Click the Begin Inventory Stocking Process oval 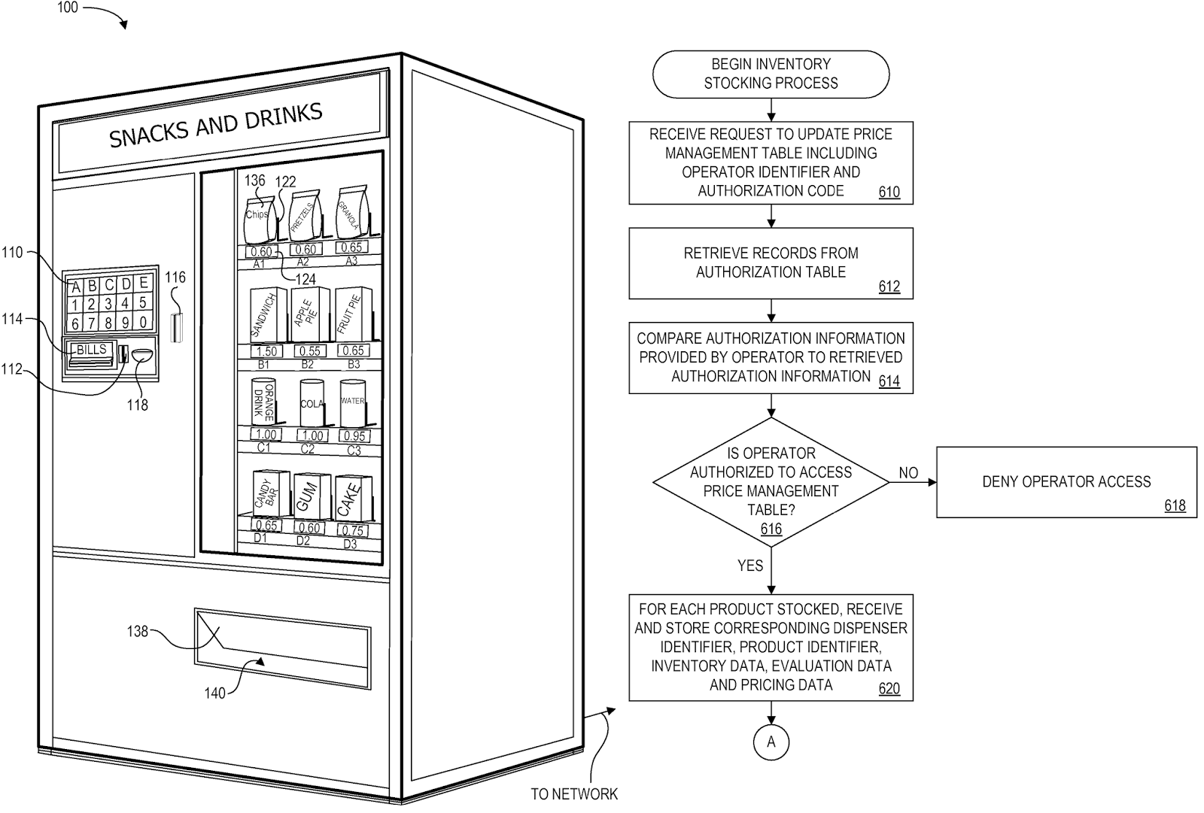tap(771, 74)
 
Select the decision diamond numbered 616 tap(771, 481)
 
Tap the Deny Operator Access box tap(1066, 482)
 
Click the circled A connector tap(771, 742)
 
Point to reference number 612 tap(889, 287)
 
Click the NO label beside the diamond tap(908, 473)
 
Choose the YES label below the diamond tap(749, 566)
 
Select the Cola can tap(311, 404)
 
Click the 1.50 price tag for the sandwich tap(266, 351)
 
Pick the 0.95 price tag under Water tap(353, 435)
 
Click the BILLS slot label tap(92, 350)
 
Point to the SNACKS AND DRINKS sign tap(217, 126)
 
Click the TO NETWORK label tap(573, 793)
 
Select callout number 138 tap(137, 631)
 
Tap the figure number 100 tap(67, 8)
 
